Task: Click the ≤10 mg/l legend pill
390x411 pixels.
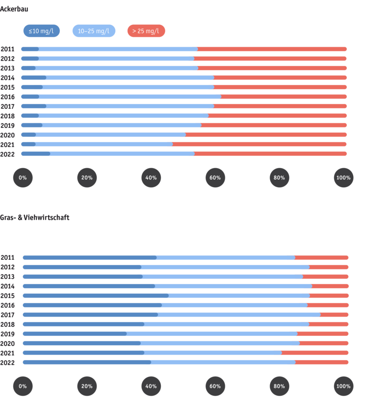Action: click(x=41, y=31)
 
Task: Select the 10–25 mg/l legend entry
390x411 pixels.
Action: click(x=94, y=31)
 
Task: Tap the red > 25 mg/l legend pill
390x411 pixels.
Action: click(x=146, y=31)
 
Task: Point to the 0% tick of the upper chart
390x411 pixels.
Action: click(x=23, y=177)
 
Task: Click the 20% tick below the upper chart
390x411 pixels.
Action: click(x=87, y=177)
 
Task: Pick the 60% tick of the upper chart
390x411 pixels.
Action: click(x=215, y=177)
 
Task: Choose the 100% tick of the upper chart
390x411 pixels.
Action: click(x=343, y=177)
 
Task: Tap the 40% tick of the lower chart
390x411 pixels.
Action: click(x=151, y=386)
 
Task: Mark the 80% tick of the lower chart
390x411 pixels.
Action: click(x=279, y=386)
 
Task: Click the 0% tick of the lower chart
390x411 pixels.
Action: click(x=23, y=386)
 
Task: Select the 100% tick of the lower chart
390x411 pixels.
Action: click(x=343, y=386)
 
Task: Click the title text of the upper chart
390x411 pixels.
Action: click(x=14, y=8)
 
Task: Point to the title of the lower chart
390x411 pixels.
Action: click(x=35, y=217)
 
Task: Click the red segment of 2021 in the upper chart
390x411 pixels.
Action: click(x=259, y=144)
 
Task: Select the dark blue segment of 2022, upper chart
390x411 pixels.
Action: click(x=35, y=154)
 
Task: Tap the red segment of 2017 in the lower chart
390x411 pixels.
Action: click(x=335, y=315)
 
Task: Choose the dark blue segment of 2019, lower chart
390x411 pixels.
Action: click(x=74, y=333)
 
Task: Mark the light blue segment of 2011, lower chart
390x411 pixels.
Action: click(x=226, y=257)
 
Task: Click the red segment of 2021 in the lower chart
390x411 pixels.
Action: click(x=315, y=353)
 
